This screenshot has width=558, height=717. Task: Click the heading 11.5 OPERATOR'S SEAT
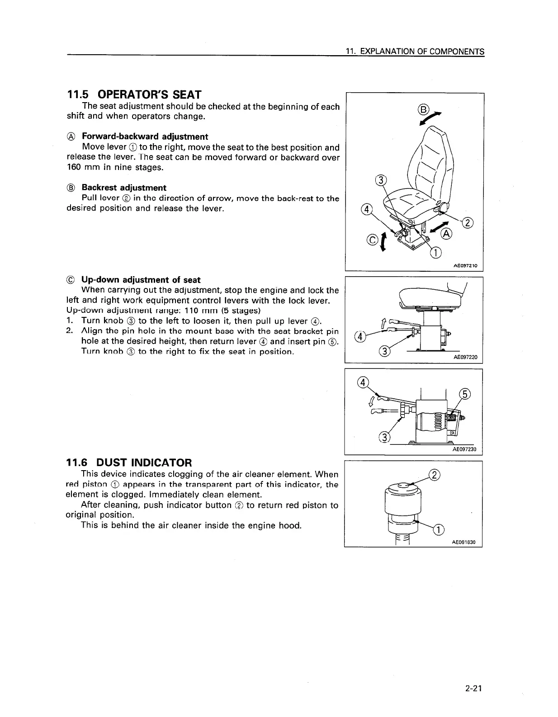[x=134, y=94]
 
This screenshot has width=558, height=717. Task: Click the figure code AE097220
[x=465, y=358]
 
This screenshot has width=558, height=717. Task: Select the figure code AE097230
[x=465, y=450]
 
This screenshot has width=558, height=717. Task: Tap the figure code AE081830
[x=465, y=542]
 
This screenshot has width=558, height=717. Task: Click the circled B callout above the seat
[x=423, y=109]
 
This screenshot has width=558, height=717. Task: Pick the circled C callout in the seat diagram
[x=372, y=240]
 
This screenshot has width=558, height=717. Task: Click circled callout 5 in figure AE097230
[x=465, y=393]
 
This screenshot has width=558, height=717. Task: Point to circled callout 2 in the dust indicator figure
[x=434, y=475]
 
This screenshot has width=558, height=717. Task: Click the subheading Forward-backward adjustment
[x=145, y=137]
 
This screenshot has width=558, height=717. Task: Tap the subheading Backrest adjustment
[x=124, y=188]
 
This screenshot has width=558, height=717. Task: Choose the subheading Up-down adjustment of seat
[x=141, y=280]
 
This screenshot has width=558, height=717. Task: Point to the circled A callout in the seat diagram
[x=446, y=234]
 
